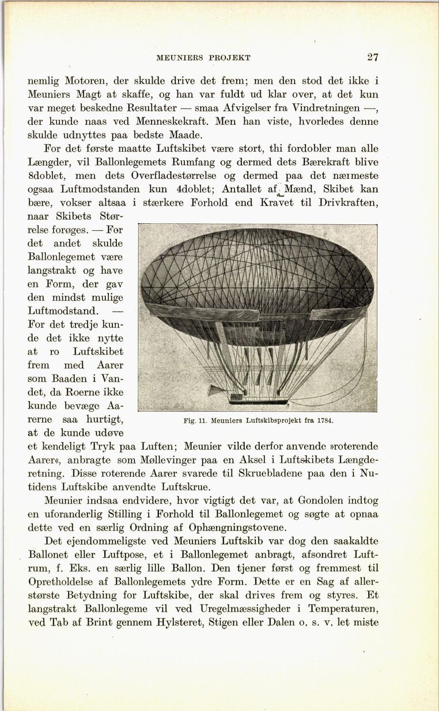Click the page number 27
(373, 57)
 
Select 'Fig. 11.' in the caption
(195, 420)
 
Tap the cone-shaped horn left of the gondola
(216, 391)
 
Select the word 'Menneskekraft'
(173, 122)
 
